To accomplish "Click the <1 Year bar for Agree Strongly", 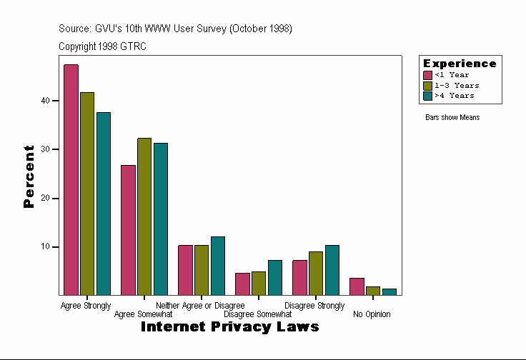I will [71, 179].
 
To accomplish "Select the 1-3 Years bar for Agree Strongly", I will [87, 194].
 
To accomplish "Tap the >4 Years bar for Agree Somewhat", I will [161, 219].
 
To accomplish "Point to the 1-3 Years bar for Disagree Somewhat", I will [259, 283].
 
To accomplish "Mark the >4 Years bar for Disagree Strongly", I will [332, 270].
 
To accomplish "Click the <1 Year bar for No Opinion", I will [357, 286].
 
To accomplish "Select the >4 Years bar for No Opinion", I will [389, 291].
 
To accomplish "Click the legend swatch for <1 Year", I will [428, 75].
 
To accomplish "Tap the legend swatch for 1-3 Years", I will [428, 85].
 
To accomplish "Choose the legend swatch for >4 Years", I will [428, 95].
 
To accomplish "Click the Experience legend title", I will [460, 64].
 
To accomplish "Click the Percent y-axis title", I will [29, 176].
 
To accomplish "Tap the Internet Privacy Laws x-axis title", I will [229, 327].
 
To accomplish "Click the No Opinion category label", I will [372, 314].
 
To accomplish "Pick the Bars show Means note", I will [452, 117].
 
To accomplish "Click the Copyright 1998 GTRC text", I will [103, 46].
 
